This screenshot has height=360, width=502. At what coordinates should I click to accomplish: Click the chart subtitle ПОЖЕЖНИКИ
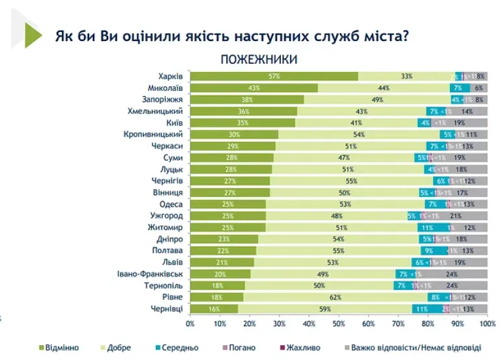[259, 59]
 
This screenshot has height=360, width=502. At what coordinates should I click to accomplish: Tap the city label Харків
[171, 76]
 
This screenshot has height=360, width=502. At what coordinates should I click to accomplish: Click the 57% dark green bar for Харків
[274, 76]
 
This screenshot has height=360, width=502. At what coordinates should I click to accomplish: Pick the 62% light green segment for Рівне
[336, 296]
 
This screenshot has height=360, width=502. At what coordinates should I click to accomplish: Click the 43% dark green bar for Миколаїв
[254, 88]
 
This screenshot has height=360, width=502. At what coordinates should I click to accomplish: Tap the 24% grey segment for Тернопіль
[452, 285]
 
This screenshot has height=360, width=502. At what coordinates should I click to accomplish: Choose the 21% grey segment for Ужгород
[456, 216]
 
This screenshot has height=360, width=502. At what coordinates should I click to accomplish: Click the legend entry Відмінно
[59, 348]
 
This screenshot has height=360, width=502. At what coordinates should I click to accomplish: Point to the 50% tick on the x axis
[339, 322]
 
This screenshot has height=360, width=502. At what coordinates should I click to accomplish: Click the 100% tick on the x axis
[487, 322]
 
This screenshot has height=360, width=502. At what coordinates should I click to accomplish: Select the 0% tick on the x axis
[190, 322]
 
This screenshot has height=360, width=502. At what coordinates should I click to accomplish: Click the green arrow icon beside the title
[32, 34]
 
